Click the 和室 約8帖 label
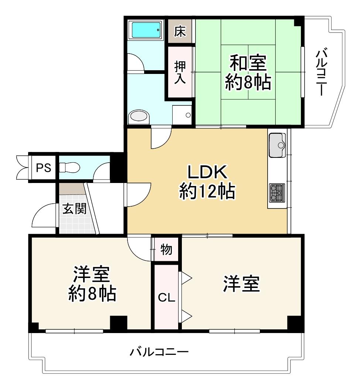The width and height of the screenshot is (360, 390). (x=248, y=72)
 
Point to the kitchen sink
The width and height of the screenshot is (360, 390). (x=277, y=144)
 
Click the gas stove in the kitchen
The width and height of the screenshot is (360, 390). (x=277, y=193)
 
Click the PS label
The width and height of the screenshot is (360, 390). (x=43, y=168)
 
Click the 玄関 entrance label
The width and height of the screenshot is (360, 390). (x=74, y=208)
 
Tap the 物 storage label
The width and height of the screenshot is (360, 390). (x=166, y=250)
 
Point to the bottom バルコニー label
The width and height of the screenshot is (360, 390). (x=159, y=352)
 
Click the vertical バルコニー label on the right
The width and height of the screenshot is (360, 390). (x=320, y=72)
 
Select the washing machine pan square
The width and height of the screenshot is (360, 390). (x=182, y=115)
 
